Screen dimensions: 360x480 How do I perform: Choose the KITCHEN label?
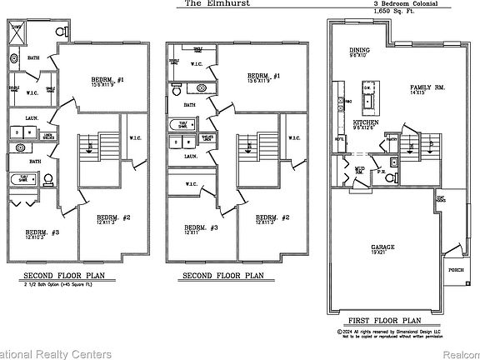[367, 122]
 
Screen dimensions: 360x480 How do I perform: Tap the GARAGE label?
[382, 247]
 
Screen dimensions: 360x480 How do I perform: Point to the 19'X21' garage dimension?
[382, 254]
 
